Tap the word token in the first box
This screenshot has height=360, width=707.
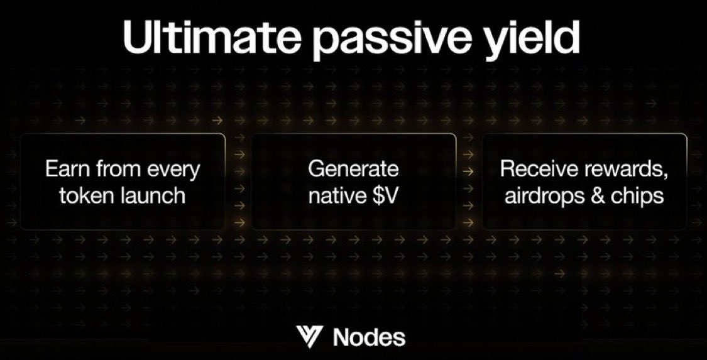pos(87,195)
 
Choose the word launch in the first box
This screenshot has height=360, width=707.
pos(152,195)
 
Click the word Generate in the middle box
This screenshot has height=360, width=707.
pos(353,170)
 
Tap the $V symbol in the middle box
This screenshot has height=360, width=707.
pos(386,195)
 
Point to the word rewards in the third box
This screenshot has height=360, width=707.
pos(624,170)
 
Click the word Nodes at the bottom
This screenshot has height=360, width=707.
pos(369,337)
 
